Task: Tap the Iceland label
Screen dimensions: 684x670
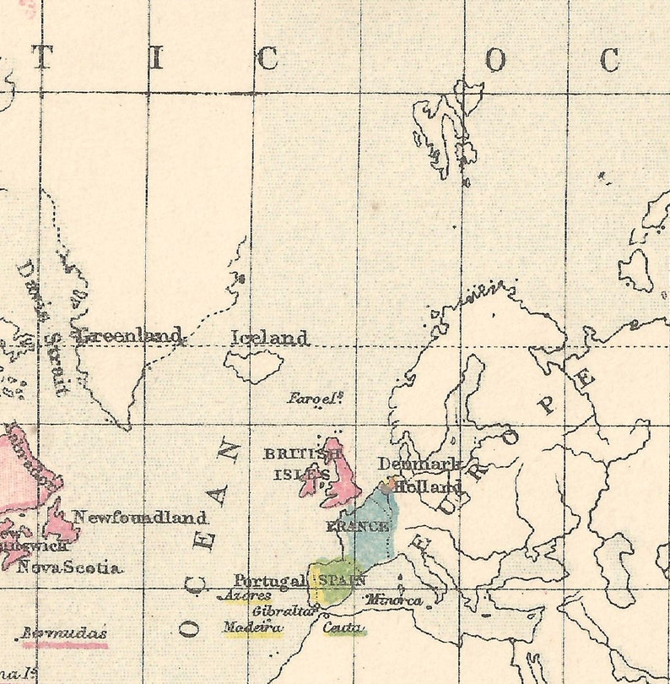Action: point(269,338)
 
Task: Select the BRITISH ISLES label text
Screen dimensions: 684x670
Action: point(302,464)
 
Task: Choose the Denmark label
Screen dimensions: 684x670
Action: point(418,464)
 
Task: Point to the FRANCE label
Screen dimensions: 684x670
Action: point(358,526)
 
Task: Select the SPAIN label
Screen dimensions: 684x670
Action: point(341,579)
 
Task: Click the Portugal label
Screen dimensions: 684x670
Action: point(269,581)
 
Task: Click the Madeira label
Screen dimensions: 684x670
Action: point(252,627)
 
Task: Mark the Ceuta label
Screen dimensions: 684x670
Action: point(343,627)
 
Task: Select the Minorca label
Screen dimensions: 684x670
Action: point(394,600)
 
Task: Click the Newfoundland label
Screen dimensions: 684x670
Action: point(139,517)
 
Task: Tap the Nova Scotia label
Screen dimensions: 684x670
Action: point(68,567)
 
